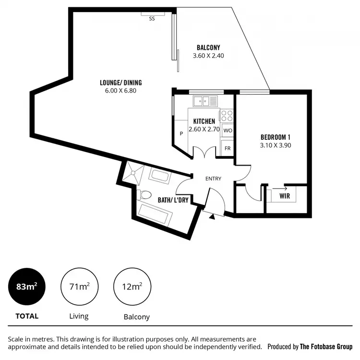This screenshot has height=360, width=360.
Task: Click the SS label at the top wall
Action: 152,19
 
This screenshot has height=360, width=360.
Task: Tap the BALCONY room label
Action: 208,47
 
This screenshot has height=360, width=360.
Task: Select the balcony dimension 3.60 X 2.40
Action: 208,55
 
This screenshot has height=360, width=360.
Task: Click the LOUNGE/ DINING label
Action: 120,83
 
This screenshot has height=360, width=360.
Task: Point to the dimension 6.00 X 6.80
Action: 120,90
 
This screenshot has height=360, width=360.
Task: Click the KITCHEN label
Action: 204,121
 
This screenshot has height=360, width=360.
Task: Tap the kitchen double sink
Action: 204,101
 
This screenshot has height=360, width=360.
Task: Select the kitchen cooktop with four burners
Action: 227,116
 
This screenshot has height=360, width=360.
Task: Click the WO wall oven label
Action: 228,131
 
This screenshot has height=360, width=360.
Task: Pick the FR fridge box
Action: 228,148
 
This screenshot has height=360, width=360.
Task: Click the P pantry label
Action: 181,134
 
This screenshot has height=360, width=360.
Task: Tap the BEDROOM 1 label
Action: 275,136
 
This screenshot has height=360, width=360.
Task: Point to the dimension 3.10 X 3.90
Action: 275,144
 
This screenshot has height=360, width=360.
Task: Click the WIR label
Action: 284,196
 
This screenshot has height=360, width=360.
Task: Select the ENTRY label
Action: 213,179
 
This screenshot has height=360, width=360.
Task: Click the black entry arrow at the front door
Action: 212,216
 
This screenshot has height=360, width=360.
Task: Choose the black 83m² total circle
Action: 27,287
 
